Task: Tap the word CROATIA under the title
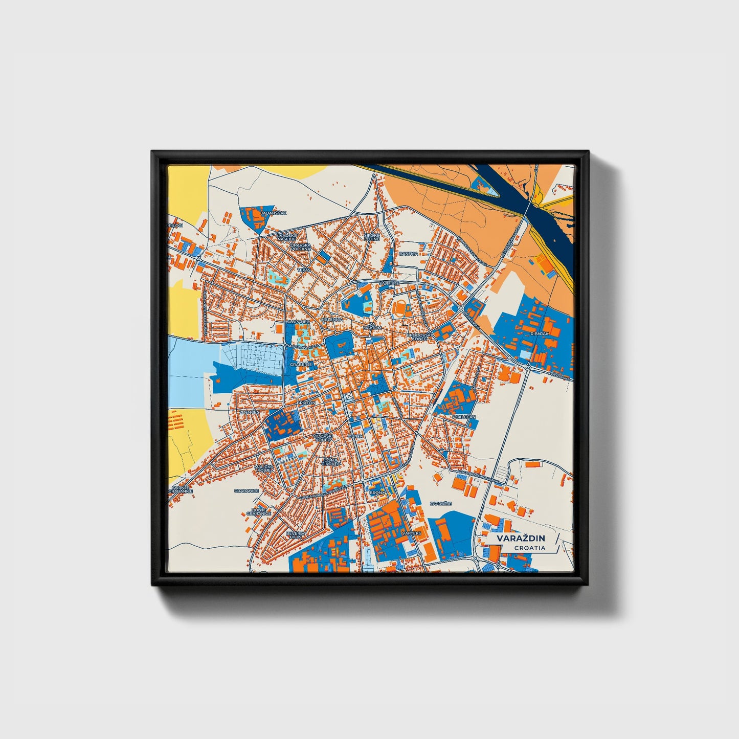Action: pyautogui.click(x=530, y=548)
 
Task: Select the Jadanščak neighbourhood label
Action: pyautogui.click(x=274, y=213)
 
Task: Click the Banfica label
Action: pyautogui.click(x=409, y=254)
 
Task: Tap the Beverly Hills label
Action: pyautogui.click(x=295, y=534)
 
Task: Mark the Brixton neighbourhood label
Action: pyautogui.click(x=306, y=403)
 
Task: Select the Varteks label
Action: pyautogui.click(x=411, y=533)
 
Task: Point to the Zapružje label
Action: pyautogui.click(x=440, y=504)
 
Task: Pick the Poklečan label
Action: pyautogui.click(x=464, y=417)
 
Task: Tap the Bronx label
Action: pyautogui.click(x=377, y=493)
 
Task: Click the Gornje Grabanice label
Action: pyautogui.click(x=182, y=489)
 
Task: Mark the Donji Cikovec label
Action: pyautogui.click(x=331, y=462)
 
